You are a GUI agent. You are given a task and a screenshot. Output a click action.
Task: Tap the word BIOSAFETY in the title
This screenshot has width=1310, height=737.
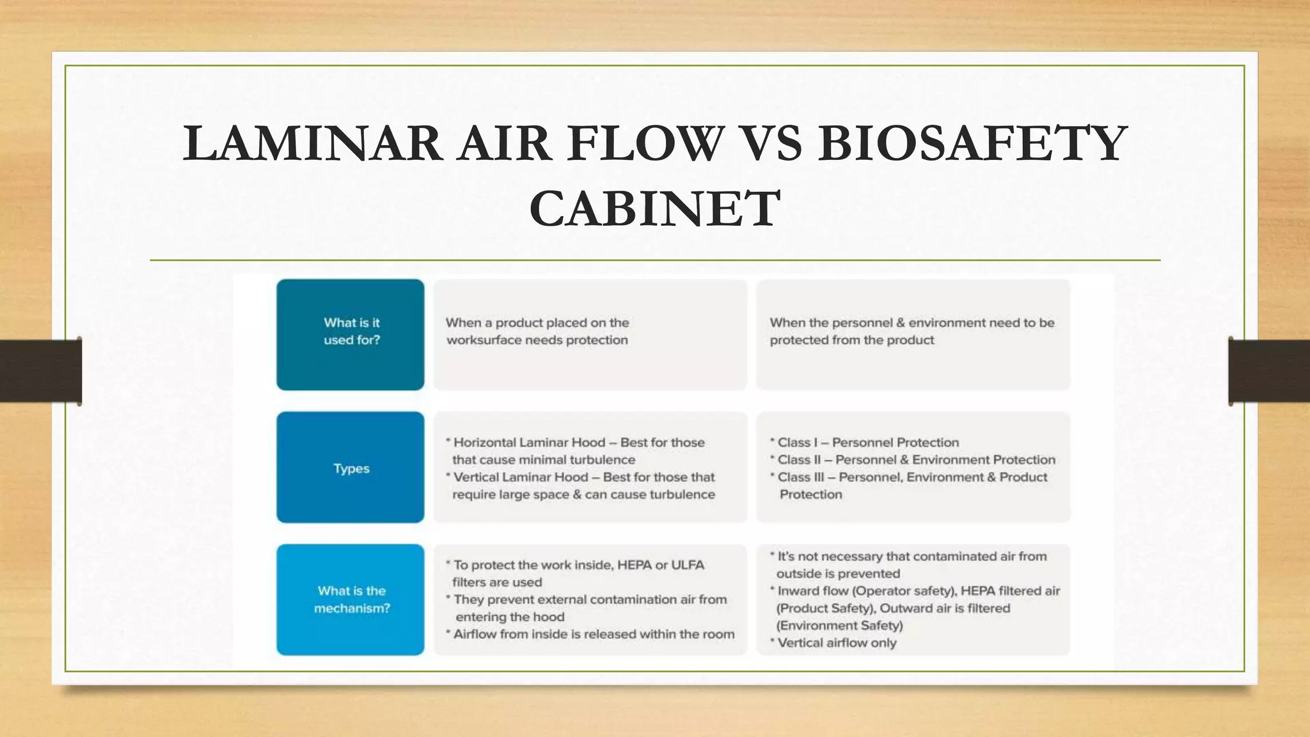972,143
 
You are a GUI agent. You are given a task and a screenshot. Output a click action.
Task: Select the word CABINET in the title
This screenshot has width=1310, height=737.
654,209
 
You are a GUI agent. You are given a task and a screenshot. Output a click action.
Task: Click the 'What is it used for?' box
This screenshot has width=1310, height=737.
351,334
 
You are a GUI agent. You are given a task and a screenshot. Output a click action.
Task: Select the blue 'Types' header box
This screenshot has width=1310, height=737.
351,468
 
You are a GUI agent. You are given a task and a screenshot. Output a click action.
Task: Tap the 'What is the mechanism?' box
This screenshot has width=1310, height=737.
351,599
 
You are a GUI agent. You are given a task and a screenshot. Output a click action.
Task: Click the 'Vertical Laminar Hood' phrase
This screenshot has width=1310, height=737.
520,477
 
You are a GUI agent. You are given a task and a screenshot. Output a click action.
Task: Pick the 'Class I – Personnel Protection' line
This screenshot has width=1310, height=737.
867,443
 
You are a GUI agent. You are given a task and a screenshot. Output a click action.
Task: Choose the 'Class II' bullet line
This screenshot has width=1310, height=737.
915,460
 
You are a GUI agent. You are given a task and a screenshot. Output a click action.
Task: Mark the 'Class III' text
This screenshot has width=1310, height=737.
799,477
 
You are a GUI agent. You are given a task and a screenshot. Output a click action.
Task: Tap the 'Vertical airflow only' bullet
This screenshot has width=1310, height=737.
836,643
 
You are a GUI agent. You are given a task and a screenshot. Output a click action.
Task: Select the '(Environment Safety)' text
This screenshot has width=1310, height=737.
839,626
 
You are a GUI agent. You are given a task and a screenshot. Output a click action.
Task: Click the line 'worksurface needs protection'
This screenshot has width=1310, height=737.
537,340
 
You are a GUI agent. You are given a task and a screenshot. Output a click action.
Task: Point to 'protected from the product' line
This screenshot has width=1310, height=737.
851,340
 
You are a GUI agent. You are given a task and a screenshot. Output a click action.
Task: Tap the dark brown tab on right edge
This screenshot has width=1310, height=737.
1269,371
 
